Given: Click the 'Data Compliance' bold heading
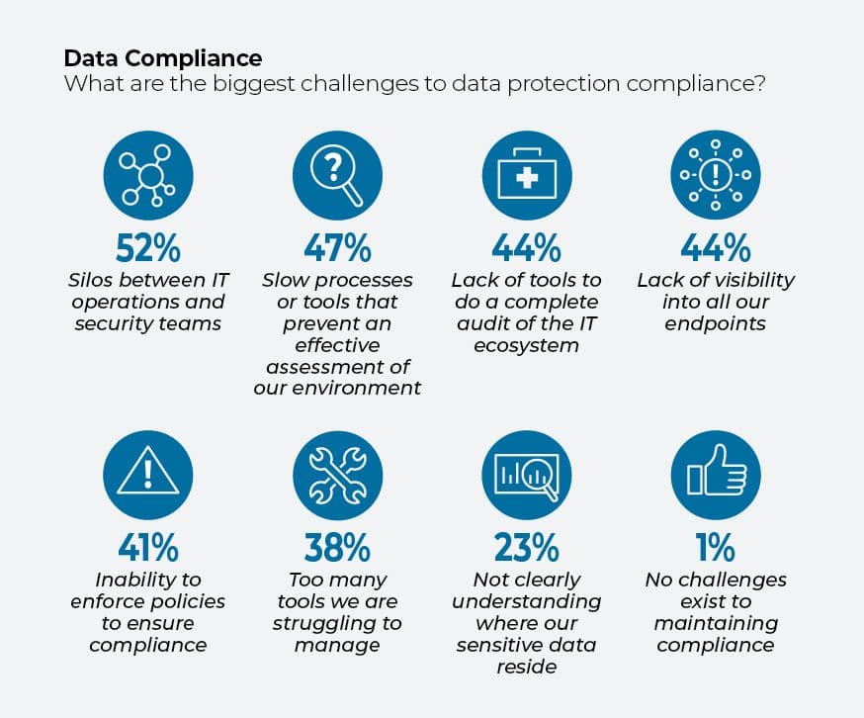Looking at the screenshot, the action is point(163,58).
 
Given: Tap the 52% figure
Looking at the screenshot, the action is point(148,248).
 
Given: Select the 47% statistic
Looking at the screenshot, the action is point(337,248).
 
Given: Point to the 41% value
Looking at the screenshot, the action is point(148,547).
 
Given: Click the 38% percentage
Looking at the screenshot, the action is point(337,547).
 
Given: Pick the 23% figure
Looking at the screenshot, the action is point(526,547).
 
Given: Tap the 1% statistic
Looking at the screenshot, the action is point(716,547).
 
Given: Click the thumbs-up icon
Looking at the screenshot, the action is point(716,476).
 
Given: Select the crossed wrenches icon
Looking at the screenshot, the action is point(337,476).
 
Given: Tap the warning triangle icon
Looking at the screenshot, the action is point(148,476).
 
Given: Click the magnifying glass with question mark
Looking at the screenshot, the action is point(337,175).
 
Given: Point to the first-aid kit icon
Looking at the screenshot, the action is point(527,175).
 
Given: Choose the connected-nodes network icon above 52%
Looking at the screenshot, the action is point(148,175).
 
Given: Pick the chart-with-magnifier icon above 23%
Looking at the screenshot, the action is point(526,476).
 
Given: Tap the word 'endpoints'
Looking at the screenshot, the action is point(716,324).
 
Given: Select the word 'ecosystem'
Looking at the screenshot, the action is point(526,346).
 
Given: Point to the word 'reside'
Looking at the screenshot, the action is point(526,667).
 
